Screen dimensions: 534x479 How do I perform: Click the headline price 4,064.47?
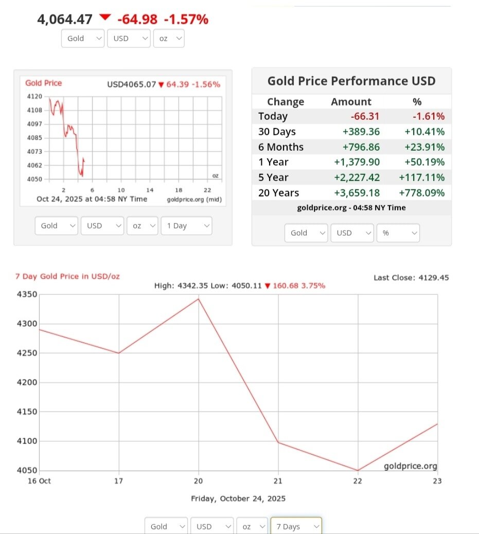point(65,20)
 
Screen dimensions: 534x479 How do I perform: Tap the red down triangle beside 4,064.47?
point(105,17)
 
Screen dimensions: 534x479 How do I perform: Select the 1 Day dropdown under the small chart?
point(186,226)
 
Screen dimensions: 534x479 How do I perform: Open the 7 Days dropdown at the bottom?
point(296,526)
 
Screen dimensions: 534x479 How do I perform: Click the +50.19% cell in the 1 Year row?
point(422,162)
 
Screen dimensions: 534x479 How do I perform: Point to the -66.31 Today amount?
point(365,116)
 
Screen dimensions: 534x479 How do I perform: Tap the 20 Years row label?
point(278,193)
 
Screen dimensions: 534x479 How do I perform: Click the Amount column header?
point(351,101)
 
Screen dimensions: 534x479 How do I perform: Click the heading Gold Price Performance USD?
point(351,81)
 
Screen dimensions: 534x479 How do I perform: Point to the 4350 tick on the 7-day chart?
point(27,295)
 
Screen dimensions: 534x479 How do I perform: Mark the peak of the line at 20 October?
point(199,298)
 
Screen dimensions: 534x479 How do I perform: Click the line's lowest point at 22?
point(358,470)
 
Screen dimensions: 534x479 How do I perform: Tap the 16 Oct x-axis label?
point(39,481)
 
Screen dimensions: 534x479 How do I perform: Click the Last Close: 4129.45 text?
point(411,277)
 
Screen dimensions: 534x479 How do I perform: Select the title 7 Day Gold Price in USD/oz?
point(67,276)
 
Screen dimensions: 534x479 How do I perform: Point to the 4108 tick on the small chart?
point(34,110)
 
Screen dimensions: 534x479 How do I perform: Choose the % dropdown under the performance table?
point(398,233)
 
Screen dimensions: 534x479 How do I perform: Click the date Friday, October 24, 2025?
point(238,498)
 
